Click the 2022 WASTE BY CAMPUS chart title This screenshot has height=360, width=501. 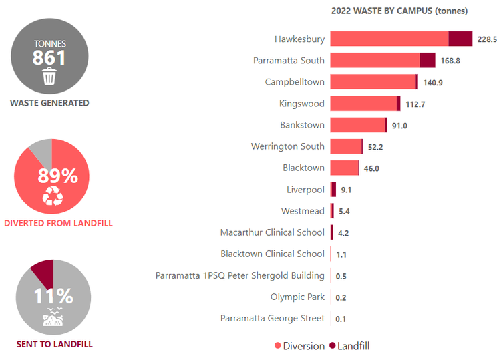coord(399,11)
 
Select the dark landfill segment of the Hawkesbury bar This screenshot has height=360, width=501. coord(460,39)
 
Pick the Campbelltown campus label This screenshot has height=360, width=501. coord(295,82)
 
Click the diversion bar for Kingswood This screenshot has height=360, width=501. coord(363,104)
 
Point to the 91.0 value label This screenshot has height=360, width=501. coord(399,126)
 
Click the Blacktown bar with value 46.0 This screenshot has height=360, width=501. coord(345,168)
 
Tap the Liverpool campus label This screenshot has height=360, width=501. coord(305,190)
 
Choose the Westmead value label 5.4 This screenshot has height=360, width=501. coord(345,211)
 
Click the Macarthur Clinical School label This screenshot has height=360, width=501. coord(273,232)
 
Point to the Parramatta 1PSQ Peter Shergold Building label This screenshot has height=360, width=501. coord(240,275)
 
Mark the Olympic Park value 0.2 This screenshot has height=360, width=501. coord(341,297)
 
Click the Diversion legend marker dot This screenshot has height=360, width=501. coord(278,346)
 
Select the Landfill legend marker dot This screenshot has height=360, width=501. coord(331,346)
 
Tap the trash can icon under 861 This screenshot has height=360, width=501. coord(49,77)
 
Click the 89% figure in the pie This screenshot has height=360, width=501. coord(57,176)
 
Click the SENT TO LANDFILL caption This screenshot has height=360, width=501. coord(55,345)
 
